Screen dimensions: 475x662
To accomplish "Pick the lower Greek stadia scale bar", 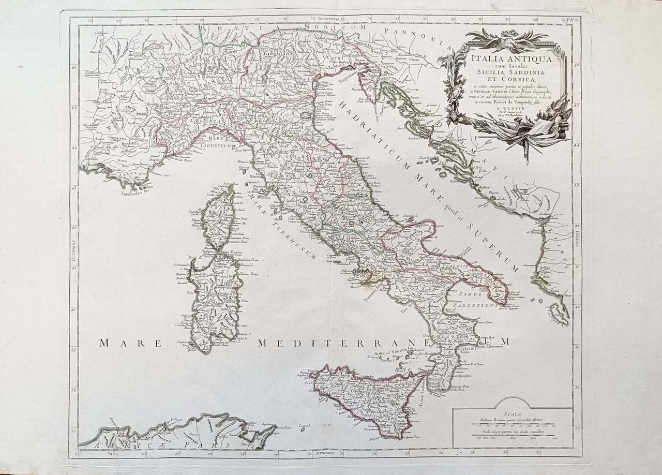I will click(x=511, y=436).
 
